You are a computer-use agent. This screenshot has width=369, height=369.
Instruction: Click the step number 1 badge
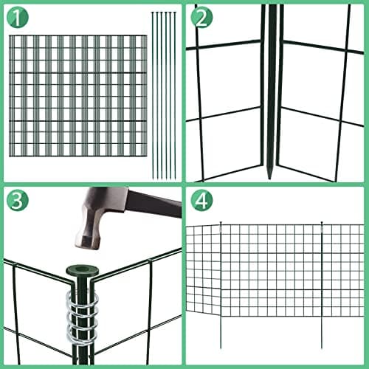pos(18,18)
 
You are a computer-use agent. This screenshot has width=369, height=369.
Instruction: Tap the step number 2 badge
pos(201,18)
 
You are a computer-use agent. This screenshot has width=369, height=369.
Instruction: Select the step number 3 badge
pos(18,200)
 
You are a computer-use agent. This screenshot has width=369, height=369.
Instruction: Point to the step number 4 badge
pos(201,200)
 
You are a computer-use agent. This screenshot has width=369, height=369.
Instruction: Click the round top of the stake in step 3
pos(83,271)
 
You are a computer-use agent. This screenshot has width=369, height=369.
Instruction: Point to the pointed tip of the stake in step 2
pos(270,176)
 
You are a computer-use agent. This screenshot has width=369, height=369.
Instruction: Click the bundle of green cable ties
pos(164,95)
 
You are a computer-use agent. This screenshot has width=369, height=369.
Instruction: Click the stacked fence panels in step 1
pos(78,96)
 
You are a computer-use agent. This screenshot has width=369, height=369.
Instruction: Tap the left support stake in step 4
pos(221,285)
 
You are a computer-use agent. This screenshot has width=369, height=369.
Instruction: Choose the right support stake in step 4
pos(322,285)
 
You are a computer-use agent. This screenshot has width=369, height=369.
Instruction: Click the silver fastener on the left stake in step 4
pos(221,230)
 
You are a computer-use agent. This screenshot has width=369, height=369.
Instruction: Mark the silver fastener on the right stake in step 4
pos(322,230)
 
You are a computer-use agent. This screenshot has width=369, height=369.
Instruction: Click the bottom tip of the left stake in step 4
pos(221,348)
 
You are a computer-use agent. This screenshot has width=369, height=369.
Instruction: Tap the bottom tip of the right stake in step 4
pos(322,348)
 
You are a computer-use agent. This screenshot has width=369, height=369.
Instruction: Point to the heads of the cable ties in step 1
pos(164,13)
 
